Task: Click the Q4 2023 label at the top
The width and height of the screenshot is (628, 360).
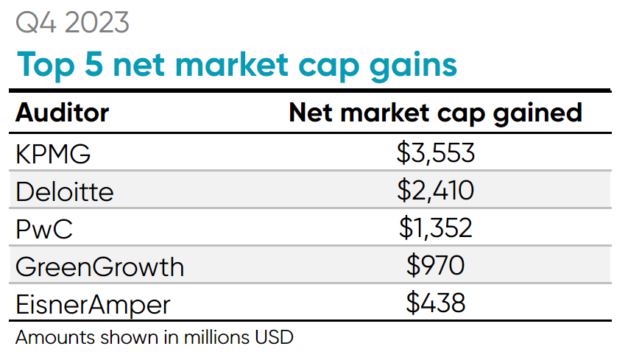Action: pos(73,24)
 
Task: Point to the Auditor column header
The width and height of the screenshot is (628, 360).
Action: pos(63,113)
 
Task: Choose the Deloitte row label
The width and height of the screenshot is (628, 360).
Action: pos(65,191)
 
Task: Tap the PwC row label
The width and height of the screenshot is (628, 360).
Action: pos(45,228)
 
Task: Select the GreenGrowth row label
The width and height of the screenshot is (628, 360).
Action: pos(99,267)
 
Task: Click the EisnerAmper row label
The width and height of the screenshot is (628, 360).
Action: pos(93,304)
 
